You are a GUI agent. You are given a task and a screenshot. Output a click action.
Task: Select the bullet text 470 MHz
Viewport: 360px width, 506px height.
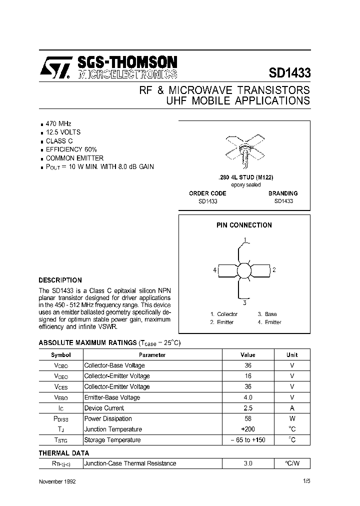click(x=58, y=123)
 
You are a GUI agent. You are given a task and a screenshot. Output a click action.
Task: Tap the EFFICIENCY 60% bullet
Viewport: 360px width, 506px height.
click(x=71, y=149)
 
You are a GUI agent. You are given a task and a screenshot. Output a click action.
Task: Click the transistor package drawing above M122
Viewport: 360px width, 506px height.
click(x=244, y=149)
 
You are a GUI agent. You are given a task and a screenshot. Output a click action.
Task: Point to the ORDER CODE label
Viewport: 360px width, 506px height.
click(x=207, y=193)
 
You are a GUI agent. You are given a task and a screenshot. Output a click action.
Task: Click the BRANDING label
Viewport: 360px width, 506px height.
click(x=282, y=193)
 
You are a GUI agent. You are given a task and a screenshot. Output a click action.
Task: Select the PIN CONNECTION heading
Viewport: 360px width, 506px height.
click(x=244, y=225)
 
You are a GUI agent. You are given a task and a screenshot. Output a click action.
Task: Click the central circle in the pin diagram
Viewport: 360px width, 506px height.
click(x=244, y=270)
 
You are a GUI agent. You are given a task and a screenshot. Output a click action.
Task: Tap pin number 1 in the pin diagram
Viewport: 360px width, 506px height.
click(x=245, y=239)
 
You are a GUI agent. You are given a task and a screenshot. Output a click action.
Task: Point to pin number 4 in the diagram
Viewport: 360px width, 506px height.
click(x=215, y=270)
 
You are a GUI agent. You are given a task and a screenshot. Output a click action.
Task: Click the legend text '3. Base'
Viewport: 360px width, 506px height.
click(x=267, y=314)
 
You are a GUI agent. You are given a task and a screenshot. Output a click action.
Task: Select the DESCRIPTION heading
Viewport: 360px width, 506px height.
click(x=60, y=280)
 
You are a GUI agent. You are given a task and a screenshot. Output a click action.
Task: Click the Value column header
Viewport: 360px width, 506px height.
click(x=247, y=354)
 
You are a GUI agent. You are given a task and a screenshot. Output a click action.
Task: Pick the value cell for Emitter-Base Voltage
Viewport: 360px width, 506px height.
click(x=247, y=397)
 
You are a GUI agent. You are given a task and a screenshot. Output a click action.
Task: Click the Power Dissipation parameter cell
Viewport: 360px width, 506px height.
click(x=108, y=418)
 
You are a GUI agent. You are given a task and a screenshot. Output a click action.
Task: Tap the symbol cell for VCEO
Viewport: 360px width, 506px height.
click(x=61, y=376)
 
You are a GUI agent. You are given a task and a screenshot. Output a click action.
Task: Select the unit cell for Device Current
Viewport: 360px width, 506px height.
click(x=292, y=408)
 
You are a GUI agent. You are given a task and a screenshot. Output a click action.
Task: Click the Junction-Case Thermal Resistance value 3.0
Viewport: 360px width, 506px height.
click(x=247, y=463)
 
